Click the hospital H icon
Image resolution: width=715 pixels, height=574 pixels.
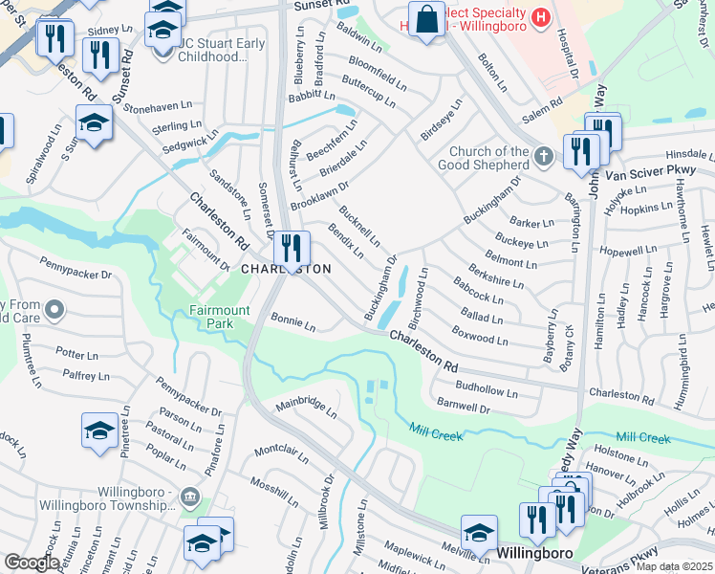(x=541, y=17)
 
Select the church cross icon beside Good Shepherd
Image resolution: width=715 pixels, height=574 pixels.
(x=543, y=156)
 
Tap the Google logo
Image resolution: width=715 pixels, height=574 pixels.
(x=31, y=563)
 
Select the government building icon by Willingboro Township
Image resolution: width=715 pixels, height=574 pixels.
(x=189, y=496)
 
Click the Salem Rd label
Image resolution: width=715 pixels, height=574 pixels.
(x=539, y=111)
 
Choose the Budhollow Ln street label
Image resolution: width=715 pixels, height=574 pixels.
(x=487, y=391)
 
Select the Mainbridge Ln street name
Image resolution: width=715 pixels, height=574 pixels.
(x=307, y=408)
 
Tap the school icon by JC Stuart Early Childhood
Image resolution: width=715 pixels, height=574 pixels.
(x=163, y=30)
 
